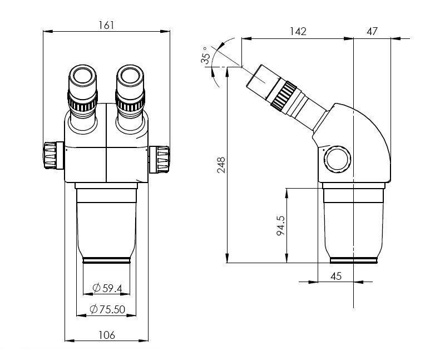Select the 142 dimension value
(298, 31)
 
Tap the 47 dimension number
(372, 31)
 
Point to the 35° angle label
(207, 56)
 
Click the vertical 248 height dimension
(220, 166)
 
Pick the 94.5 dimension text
(280, 225)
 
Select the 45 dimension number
(336, 275)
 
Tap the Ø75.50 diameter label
(108, 309)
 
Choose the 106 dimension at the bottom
(107, 335)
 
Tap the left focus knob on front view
(52, 155)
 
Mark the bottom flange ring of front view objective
(107, 259)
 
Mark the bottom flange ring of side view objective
(355, 259)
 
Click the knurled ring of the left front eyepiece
(83, 104)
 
